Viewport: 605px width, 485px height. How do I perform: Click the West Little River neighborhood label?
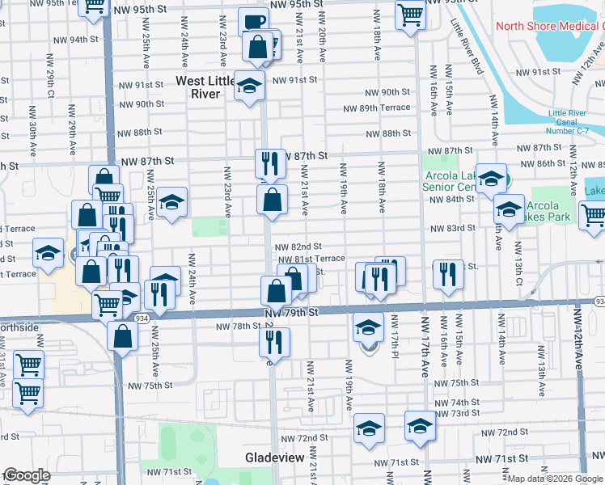coord(199,87)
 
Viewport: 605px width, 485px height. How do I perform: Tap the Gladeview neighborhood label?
coord(274,458)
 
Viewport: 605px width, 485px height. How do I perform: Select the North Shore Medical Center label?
coord(548,26)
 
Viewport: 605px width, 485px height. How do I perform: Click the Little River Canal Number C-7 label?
coord(571,122)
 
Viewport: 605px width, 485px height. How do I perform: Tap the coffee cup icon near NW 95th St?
coord(253,23)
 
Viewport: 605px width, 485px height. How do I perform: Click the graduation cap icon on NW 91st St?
coord(249,84)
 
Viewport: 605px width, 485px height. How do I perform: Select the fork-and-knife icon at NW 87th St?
coord(270,163)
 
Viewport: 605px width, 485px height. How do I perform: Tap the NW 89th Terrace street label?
coord(377,108)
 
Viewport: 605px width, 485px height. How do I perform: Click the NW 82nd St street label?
coord(298,247)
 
